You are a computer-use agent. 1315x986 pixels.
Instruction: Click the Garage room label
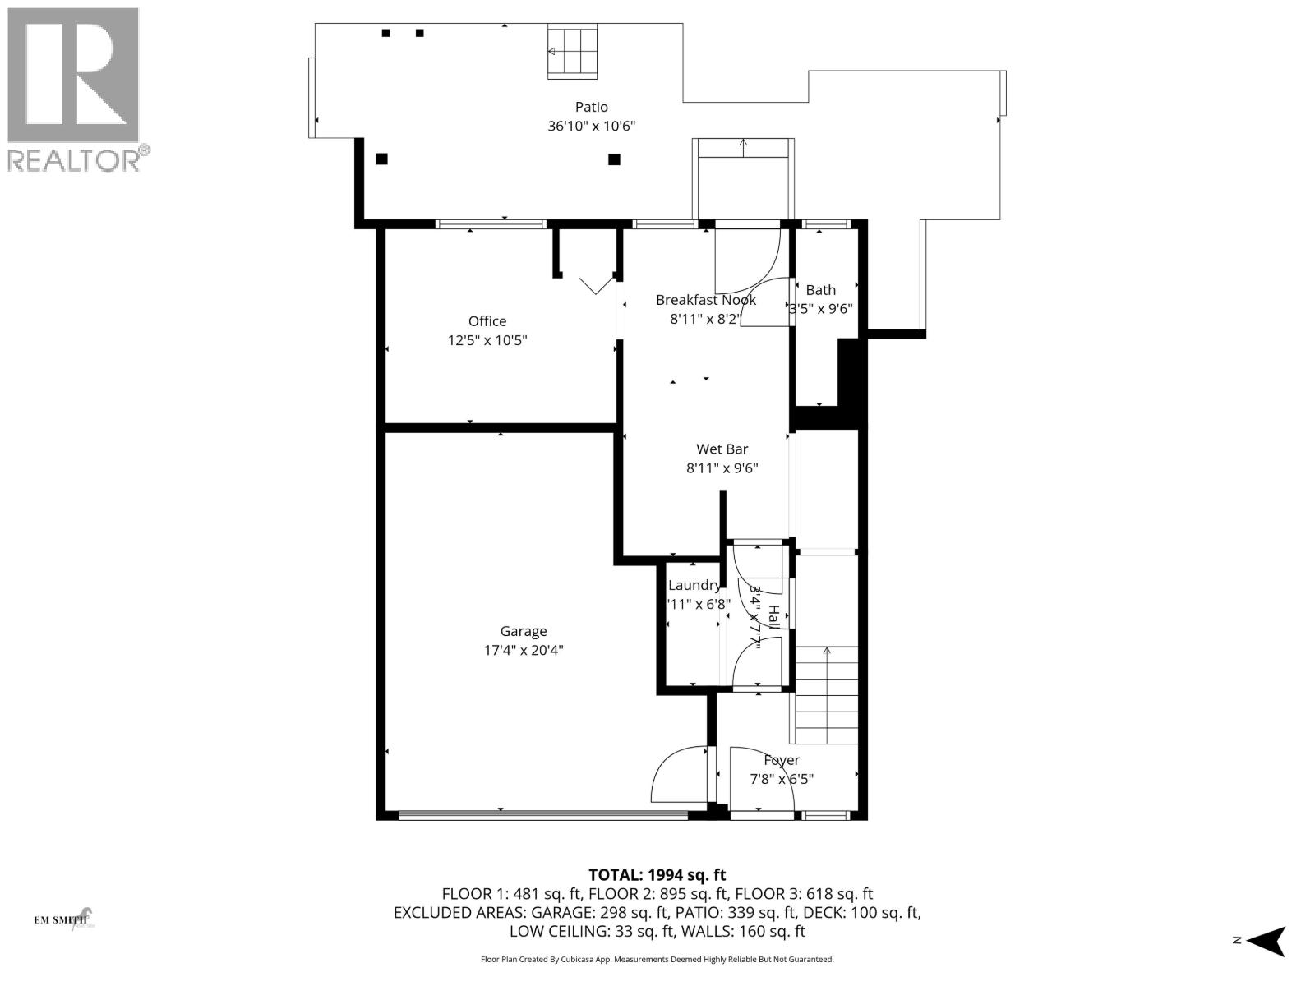pos(524,631)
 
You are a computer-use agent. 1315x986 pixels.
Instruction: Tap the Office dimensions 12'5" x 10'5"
pos(487,340)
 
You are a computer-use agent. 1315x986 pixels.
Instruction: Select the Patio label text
pos(591,107)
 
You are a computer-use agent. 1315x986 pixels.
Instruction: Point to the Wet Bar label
pos(722,449)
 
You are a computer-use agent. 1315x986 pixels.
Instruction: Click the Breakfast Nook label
pos(705,300)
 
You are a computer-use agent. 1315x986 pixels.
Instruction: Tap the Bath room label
pos(820,290)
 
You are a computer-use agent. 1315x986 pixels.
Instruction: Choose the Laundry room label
pos(694,585)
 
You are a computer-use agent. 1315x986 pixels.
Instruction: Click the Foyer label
pos(781,760)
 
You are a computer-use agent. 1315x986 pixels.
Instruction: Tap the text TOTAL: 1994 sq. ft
pos(657,875)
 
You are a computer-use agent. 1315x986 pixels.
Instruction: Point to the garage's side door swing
pos(679,775)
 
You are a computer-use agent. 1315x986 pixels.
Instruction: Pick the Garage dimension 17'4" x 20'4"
pos(524,651)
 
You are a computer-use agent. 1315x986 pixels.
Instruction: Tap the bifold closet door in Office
pos(597,284)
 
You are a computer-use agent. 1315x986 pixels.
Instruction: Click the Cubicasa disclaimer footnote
pos(657,959)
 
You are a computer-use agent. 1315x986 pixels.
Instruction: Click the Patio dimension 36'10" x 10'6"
pos(591,127)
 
